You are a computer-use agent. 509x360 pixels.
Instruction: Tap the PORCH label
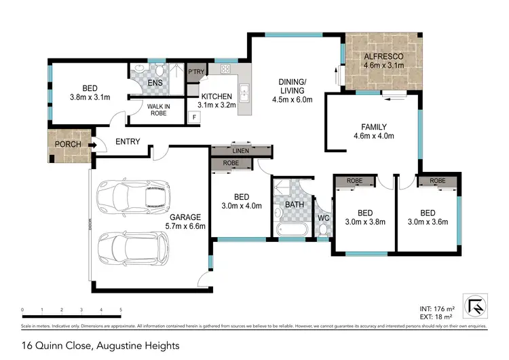coord(68,144)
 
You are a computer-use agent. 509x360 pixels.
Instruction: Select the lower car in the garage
coord(133,249)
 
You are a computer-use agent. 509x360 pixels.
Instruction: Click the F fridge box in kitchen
coord(195,118)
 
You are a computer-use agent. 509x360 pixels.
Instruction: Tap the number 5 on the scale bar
coord(121,310)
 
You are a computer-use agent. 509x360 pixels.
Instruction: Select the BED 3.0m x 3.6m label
coord(428,217)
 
